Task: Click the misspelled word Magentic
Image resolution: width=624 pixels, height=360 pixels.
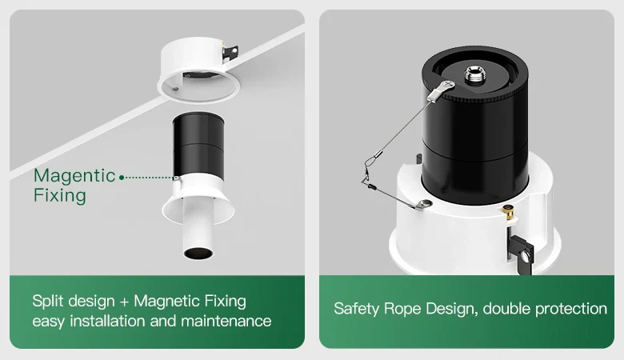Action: (74, 176)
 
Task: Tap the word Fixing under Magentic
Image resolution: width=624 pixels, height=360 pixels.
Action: (60, 196)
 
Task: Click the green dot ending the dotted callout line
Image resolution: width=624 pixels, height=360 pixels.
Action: (122, 178)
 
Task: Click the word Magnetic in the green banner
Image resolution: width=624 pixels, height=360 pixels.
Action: (166, 301)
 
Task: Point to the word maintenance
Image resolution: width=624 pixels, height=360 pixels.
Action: (226, 321)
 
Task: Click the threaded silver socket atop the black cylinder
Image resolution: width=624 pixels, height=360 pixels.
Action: (473, 75)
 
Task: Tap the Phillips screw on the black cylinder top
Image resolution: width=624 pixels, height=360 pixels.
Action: (449, 84)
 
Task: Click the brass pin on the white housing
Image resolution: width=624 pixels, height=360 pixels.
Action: (508, 213)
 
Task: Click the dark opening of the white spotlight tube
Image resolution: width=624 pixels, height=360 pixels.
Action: (198, 253)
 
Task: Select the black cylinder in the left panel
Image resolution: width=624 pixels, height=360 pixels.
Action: (198, 146)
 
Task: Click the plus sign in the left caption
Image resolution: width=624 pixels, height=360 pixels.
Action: (124, 302)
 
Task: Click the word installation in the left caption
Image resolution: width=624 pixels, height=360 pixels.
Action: (122, 321)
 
